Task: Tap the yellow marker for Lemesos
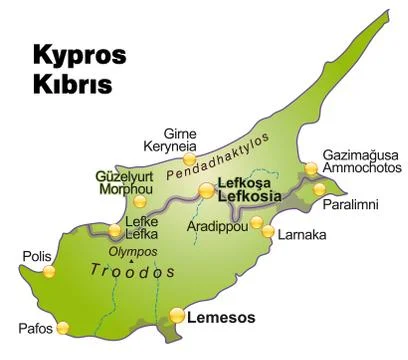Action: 177,316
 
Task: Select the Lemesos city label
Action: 221,318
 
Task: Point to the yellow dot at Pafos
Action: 64,327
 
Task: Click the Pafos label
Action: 34,327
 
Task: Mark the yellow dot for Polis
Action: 49,270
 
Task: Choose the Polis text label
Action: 35,256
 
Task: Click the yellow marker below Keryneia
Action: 189,159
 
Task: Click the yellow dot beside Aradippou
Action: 267,232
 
